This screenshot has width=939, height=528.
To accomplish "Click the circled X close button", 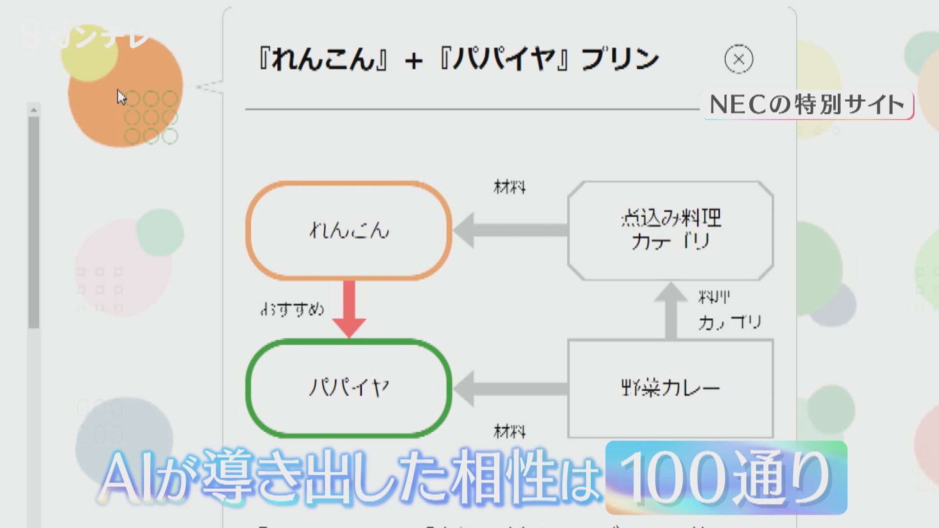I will point(738,60).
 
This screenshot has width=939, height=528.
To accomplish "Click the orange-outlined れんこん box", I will point(349,230).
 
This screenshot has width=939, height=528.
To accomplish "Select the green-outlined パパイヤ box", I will point(349,388).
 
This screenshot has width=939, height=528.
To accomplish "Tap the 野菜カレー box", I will point(671,389).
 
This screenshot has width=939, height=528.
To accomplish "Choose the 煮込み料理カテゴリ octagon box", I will point(671,230).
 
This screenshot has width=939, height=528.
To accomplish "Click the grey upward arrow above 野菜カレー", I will point(671,311).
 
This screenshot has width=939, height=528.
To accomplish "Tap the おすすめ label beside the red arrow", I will point(292,309).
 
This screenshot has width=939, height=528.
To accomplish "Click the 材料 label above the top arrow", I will point(510,187).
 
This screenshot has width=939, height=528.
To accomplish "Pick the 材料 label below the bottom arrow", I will point(510,431).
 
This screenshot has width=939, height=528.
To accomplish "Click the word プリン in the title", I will point(620,60).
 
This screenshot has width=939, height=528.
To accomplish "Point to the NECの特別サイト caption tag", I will point(807,105).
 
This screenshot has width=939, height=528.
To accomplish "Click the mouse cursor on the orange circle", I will point(121,97).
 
